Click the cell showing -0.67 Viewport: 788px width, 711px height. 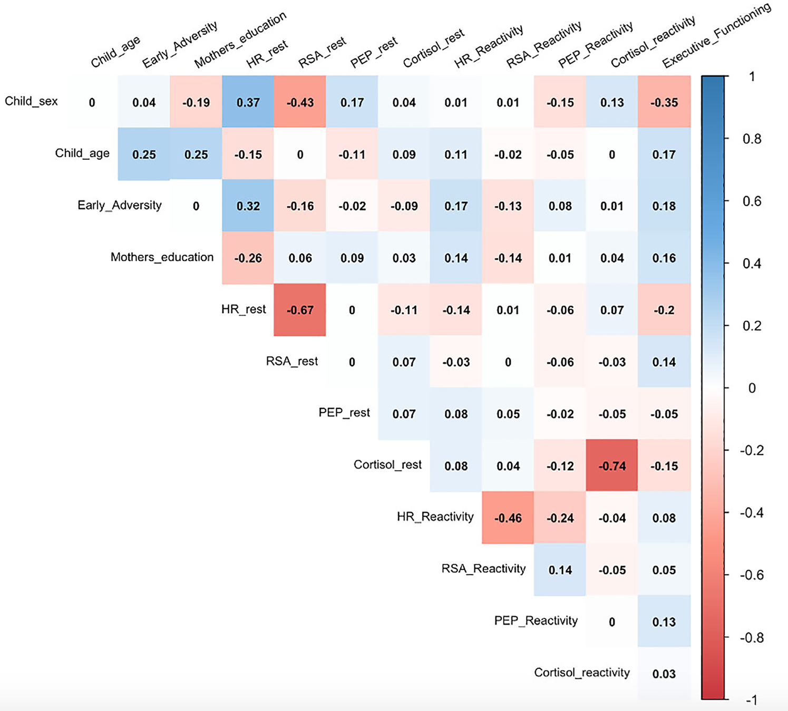click(x=300, y=310)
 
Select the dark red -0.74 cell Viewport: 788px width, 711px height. click(x=612, y=466)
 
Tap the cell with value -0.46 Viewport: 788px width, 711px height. click(x=508, y=518)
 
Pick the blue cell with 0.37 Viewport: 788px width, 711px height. click(x=248, y=102)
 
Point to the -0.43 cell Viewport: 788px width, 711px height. click(x=300, y=102)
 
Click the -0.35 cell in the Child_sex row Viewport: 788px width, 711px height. click(x=664, y=102)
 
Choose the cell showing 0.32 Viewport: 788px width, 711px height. click(x=248, y=206)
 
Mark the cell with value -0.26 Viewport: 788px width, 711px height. click(x=248, y=258)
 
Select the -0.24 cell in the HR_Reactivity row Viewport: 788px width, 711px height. click(x=560, y=518)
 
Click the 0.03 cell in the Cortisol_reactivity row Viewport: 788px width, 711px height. click(x=664, y=674)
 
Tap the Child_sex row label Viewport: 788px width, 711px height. click(x=31, y=101)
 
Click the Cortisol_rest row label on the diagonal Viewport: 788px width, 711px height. click(x=387, y=465)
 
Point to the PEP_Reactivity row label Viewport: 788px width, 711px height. click(x=536, y=621)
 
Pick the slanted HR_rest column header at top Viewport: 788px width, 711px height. click(x=267, y=54)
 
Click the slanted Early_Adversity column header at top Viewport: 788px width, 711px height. click(x=179, y=45)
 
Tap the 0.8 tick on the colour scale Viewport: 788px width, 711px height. click(x=752, y=139)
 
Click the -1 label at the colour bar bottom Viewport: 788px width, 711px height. click(x=752, y=700)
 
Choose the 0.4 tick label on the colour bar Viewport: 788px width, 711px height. click(x=752, y=264)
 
